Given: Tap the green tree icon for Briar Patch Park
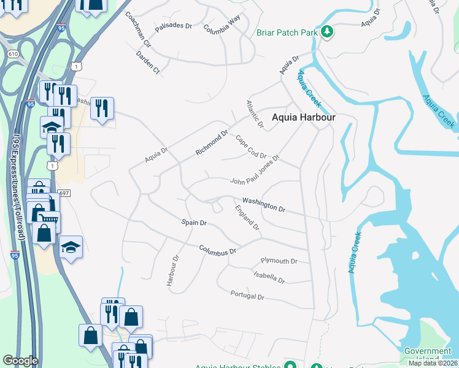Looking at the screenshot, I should click(327, 31).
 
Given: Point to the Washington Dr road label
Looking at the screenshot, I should click(264, 204).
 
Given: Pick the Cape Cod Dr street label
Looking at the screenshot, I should click(250, 148).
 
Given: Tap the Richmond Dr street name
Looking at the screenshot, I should click(212, 142).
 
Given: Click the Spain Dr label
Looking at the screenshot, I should click(194, 222).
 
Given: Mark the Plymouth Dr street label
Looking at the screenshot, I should click(279, 261).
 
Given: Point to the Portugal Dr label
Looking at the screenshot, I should click(247, 296).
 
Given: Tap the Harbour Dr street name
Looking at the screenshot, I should click(172, 270).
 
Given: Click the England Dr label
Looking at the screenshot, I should click(247, 218).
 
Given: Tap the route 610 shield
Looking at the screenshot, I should click(13, 55).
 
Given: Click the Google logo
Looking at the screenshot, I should click(20, 361).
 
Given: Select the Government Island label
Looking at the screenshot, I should click(428, 355).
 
